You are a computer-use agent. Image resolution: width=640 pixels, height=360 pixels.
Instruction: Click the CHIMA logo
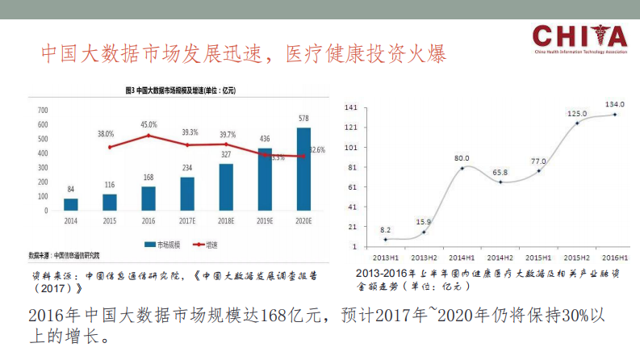tap(579, 39)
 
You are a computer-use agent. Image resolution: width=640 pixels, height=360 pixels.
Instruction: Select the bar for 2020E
tap(303, 169)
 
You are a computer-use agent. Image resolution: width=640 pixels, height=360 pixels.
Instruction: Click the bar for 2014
tap(71, 204)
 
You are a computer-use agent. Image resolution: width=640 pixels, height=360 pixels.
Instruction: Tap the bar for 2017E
tap(187, 194)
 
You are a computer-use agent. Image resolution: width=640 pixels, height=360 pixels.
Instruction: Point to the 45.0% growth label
tap(148, 125)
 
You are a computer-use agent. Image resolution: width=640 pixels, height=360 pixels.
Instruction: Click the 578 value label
tap(303, 119)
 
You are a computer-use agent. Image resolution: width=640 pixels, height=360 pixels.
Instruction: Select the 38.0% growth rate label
tap(106, 133)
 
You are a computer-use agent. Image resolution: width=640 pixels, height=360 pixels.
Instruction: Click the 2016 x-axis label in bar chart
tap(148, 220)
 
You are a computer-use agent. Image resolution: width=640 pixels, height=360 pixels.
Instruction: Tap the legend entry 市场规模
tap(167, 243)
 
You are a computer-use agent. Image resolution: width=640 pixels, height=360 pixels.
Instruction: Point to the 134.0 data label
tap(615, 104)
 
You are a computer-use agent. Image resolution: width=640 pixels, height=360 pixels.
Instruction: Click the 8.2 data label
tap(386, 230)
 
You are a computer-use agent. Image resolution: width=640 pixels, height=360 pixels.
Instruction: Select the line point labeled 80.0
tap(462, 167)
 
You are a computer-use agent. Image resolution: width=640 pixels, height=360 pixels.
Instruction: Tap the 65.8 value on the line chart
tap(500, 173)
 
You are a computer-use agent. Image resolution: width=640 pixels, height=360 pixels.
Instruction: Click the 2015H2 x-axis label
tap(576, 256)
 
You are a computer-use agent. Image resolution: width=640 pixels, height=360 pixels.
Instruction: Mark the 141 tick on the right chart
tap(351, 107)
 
